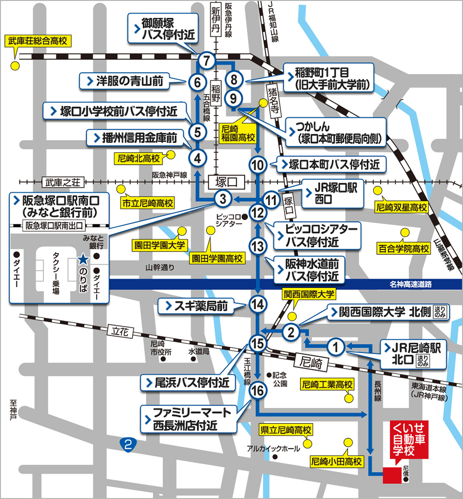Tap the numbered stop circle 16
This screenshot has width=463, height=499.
point(258,391)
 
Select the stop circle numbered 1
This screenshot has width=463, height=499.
point(336,345)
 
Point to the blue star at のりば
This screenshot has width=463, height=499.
point(83,260)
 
